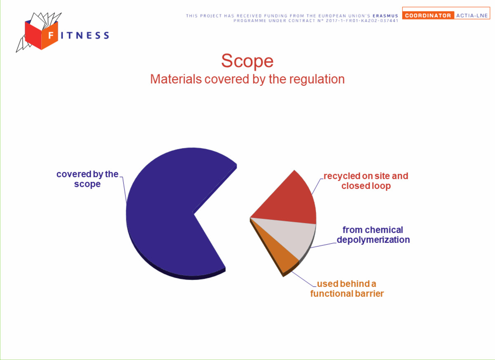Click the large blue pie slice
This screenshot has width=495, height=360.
click(x=168, y=212)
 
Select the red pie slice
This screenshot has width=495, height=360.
click(x=290, y=202)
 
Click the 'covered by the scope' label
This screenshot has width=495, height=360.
click(x=87, y=179)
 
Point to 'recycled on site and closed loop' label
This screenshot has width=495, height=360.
click(x=366, y=181)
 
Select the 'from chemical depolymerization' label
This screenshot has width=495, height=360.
click(x=373, y=235)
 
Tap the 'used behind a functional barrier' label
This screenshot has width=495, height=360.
click(x=347, y=289)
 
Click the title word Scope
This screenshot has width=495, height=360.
click(x=247, y=61)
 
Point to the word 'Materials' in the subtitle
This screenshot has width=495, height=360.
click(x=176, y=79)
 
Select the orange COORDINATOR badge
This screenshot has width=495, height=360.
click(x=428, y=15)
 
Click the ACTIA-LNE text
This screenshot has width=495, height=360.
click(x=472, y=15)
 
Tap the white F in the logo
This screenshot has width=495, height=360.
click(x=51, y=35)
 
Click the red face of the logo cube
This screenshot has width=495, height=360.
click(x=33, y=35)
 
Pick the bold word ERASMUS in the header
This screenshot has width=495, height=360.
click(x=385, y=16)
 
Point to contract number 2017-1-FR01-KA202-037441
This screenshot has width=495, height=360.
click(x=362, y=21)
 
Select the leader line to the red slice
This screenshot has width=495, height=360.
click(x=318, y=186)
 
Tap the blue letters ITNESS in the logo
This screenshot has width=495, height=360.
click(x=85, y=35)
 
